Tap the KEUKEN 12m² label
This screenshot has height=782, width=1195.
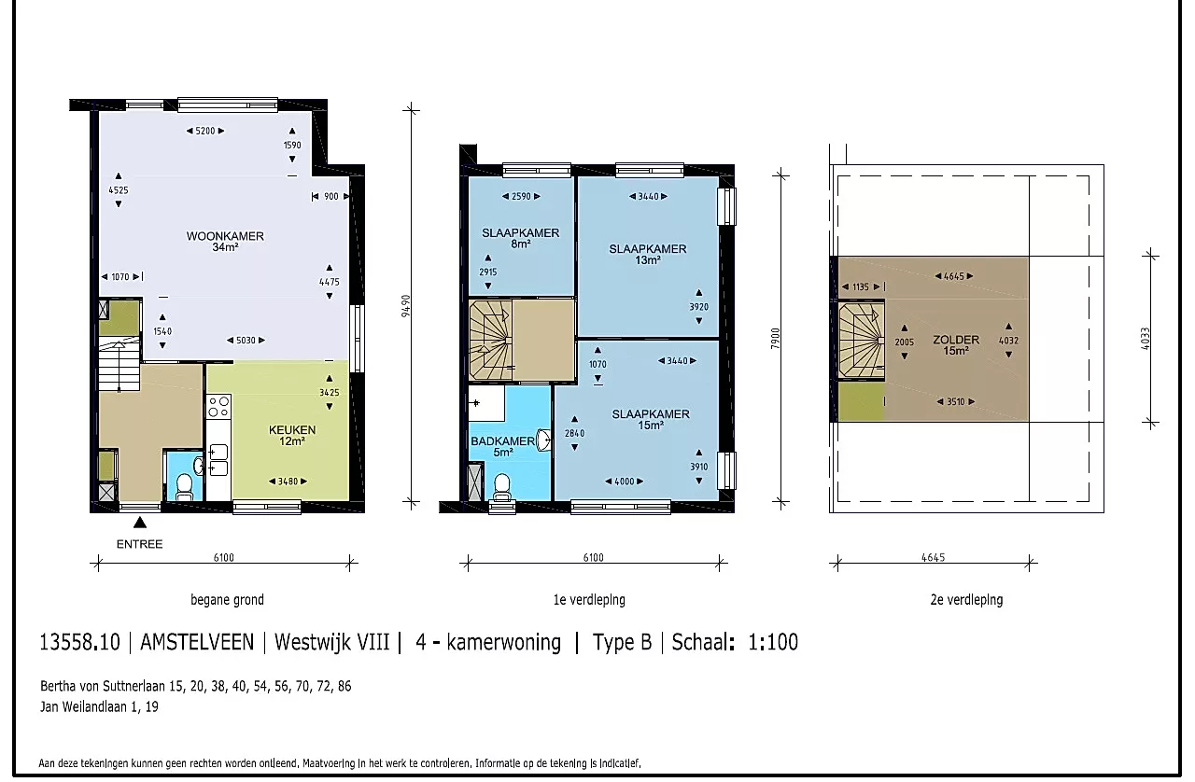click(292, 435)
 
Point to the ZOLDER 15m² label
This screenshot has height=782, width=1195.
click(956, 345)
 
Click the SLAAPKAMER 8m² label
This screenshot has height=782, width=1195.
click(521, 239)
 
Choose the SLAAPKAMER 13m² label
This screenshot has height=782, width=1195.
click(648, 255)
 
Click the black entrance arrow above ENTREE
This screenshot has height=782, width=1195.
click(140, 523)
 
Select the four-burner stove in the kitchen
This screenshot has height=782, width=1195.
click(218, 407)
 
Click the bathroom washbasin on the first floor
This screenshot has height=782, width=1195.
click(543, 440)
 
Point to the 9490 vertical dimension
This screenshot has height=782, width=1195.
click(406, 306)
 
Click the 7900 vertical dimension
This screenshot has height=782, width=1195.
click(776, 338)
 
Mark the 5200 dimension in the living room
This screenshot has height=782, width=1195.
click(205, 131)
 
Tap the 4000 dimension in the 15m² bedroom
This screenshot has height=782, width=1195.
click(625, 482)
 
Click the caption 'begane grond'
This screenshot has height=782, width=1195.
click(227, 600)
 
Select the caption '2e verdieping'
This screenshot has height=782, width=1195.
click(966, 600)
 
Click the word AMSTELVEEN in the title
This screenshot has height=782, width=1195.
click(197, 642)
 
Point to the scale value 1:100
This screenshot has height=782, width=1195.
click(773, 642)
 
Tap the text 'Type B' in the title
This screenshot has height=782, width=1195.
click(622, 643)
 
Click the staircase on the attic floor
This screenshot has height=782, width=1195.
click(861, 340)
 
